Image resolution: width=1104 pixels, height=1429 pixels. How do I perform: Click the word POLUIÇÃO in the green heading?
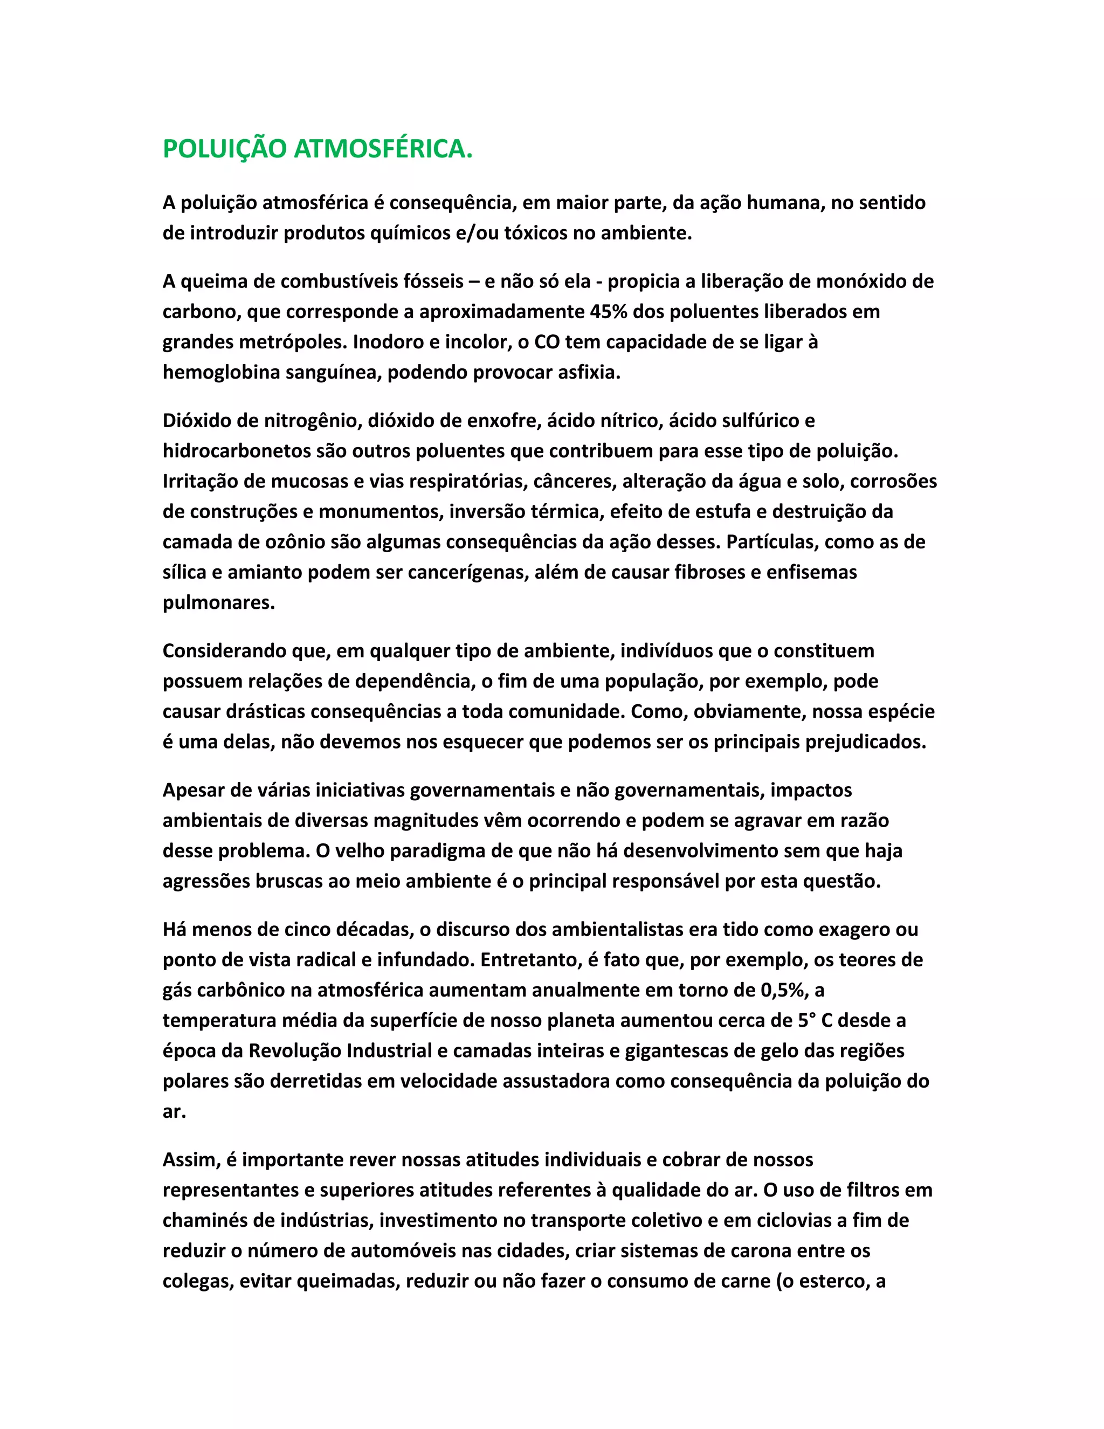coord(224,149)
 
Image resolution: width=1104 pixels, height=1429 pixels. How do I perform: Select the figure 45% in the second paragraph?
coord(608,312)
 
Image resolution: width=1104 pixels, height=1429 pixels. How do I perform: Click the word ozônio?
coord(289,542)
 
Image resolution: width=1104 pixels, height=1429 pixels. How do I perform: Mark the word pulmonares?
coord(218,603)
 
